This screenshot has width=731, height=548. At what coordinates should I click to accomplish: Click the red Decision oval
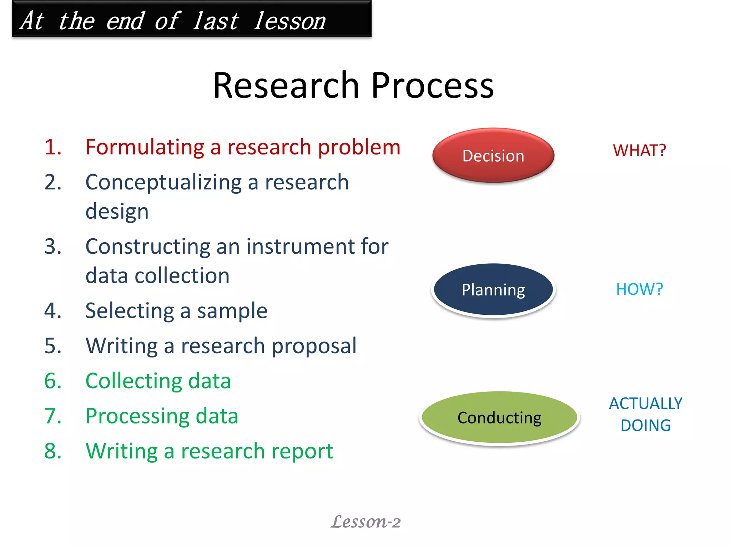click(493, 156)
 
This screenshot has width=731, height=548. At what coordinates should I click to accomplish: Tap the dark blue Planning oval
click(493, 289)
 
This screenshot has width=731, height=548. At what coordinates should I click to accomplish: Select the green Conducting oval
click(499, 417)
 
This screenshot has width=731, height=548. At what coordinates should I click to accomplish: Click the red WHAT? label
click(639, 150)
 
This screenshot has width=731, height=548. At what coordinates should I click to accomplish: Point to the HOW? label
click(639, 289)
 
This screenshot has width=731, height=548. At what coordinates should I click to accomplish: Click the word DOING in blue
click(645, 425)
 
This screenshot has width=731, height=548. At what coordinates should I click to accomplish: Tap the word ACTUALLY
click(645, 404)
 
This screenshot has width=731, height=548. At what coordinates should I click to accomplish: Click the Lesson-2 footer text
click(365, 522)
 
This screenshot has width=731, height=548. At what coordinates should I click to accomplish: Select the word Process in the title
click(433, 86)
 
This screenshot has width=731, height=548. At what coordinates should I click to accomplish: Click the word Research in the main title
click(286, 86)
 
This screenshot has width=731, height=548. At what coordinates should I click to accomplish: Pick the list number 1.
click(53, 147)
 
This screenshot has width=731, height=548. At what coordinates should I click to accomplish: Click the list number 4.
click(53, 310)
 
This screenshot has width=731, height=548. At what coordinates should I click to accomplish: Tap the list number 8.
click(53, 451)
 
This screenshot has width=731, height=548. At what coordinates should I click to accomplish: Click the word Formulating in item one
click(145, 147)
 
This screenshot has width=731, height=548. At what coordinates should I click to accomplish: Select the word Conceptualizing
click(163, 182)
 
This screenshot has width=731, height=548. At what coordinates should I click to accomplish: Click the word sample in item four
click(232, 310)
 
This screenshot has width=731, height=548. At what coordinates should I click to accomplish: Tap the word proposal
click(314, 345)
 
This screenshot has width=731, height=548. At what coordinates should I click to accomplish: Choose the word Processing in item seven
click(137, 416)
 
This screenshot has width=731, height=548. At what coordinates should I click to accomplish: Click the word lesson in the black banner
click(290, 21)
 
